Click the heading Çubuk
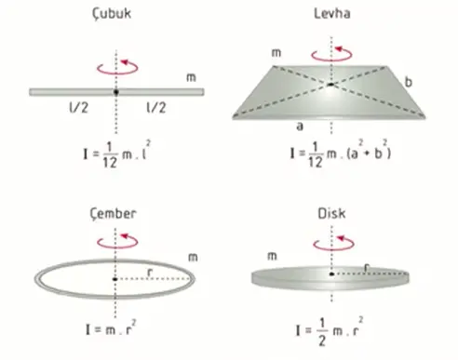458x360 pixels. (112, 14)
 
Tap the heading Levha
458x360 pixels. (332, 14)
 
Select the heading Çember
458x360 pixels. (113, 214)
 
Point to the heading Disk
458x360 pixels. (331, 214)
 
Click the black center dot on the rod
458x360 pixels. (116, 92)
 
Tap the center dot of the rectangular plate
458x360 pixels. (330, 85)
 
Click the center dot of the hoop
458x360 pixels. (115, 279)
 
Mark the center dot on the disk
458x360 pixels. (331, 274)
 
